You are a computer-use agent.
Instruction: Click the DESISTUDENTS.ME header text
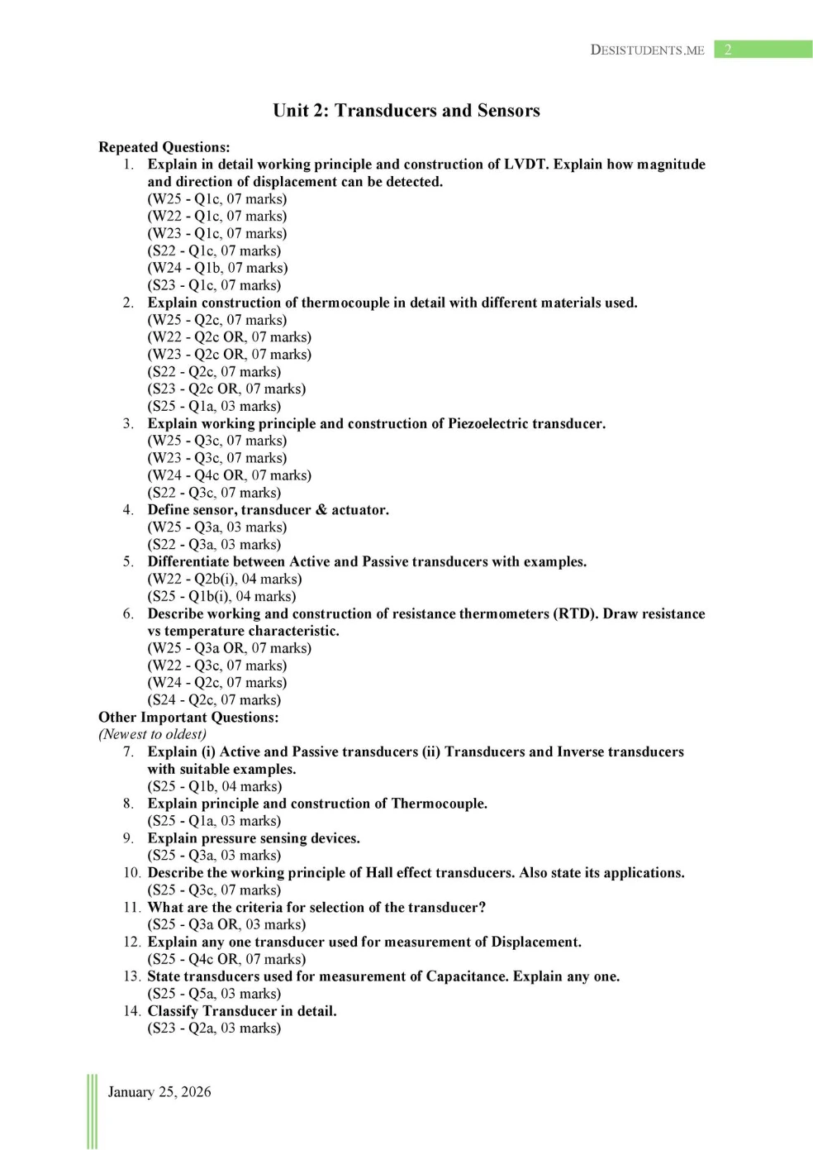(647, 50)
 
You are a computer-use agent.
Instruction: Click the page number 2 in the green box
(728, 50)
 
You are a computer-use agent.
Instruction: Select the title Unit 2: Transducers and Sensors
(406, 111)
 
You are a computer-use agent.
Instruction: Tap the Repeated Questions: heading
(164, 147)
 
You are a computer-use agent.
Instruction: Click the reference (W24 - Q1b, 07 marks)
(218, 268)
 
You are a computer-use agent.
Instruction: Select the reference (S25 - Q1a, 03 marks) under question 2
(214, 406)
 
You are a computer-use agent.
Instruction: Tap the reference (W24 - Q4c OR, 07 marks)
(230, 475)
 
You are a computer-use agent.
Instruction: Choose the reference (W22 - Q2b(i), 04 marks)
(225, 579)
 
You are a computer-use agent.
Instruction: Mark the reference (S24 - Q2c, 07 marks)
(214, 699)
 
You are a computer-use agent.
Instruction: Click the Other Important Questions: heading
(188, 717)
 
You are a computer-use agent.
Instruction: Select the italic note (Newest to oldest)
(153, 734)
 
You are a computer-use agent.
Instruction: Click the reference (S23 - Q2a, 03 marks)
(214, 1028)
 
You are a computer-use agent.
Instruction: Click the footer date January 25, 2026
(159, 1092)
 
